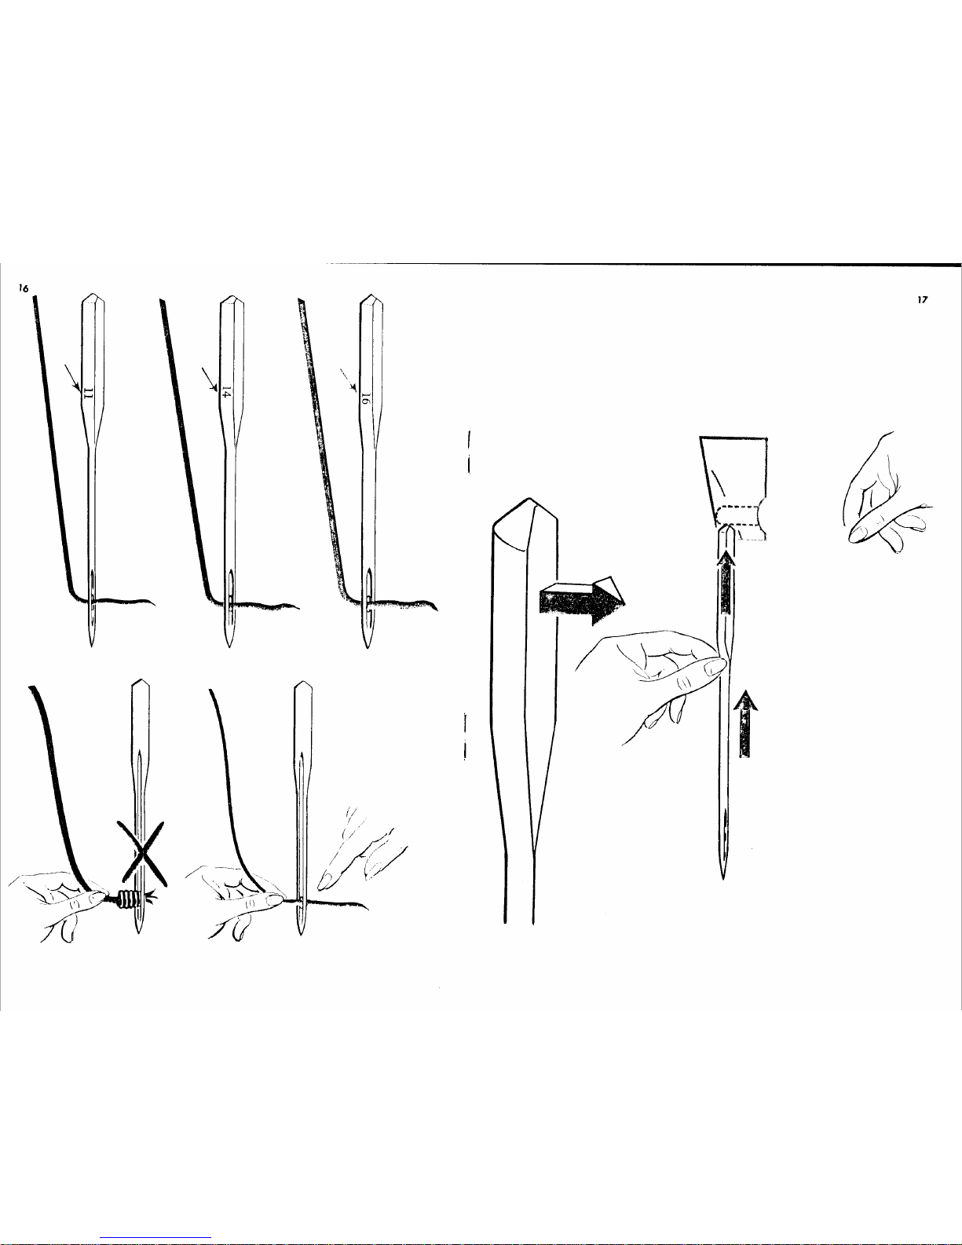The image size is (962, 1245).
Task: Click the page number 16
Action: [23, 288]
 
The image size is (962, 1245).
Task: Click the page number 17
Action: [922, 299]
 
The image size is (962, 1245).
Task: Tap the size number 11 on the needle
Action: [88, 393]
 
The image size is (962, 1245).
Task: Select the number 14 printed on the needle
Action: [226, 394]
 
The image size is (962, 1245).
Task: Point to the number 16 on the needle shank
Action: [364, 399]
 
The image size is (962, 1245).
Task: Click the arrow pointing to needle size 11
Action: [72, 378]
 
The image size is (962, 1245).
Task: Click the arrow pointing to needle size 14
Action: [210, 380]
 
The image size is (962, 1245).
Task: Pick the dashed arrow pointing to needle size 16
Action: [348, 379]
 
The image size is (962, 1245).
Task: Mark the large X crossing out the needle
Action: [141, 852]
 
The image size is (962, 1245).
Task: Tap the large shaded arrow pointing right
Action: [582, 600]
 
